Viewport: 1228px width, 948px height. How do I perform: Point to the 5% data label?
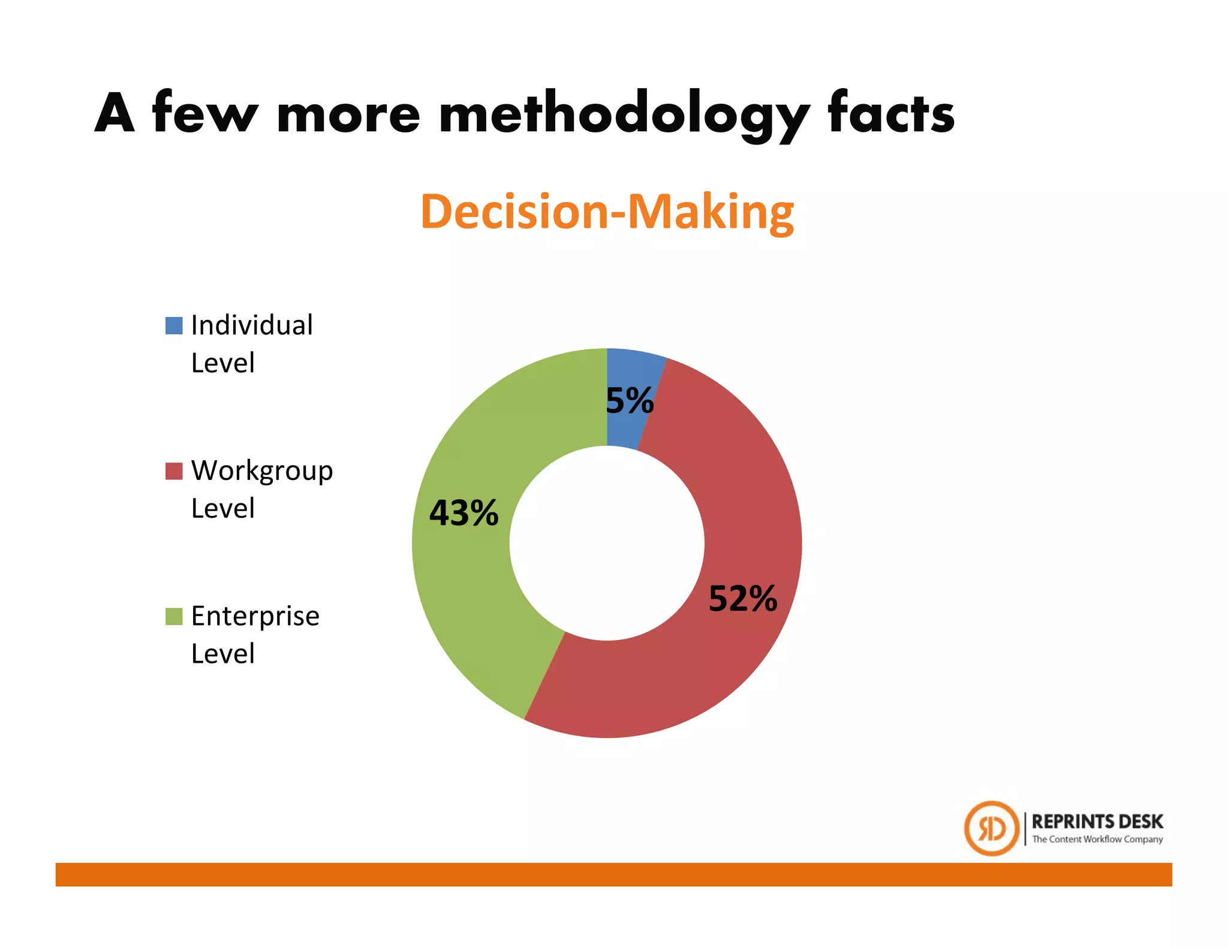[x=630, y=400]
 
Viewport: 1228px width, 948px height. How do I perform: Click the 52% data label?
[x=743, y=598]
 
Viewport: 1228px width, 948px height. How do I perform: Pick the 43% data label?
[x=463, y=513]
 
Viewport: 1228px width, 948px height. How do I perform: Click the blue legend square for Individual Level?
[x=174, y=326]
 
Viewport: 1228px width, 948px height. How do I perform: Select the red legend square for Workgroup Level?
[x=174, y=471]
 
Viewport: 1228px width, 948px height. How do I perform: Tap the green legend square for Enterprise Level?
[x=174, y=616]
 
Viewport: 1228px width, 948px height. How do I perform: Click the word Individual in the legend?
[x=252, y=325]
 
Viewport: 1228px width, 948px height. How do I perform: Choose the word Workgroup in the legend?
[x=262, y=472]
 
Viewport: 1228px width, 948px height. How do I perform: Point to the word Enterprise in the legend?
[x=255, y=617]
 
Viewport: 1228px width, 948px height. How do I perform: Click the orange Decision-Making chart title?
[x=607, y=212]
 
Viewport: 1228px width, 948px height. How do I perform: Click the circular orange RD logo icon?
[x=992, y=828]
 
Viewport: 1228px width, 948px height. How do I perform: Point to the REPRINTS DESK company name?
[x=1097, y=821]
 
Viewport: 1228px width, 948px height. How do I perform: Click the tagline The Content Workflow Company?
[x=1097, y=839]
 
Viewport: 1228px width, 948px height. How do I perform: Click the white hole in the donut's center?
[x=607, y=543]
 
